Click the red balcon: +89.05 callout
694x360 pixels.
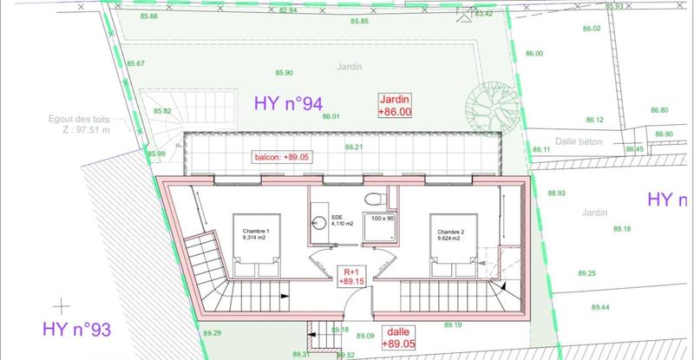point(281,157)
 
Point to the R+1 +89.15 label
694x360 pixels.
point(349,275)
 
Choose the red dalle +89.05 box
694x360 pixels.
point(395,337)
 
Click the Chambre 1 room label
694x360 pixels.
point(257,233)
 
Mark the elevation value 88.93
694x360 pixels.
point(556,193)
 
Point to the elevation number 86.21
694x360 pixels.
point(353,147)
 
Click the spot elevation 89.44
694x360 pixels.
point(599,307)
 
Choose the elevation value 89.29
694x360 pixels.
point(213,333)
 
